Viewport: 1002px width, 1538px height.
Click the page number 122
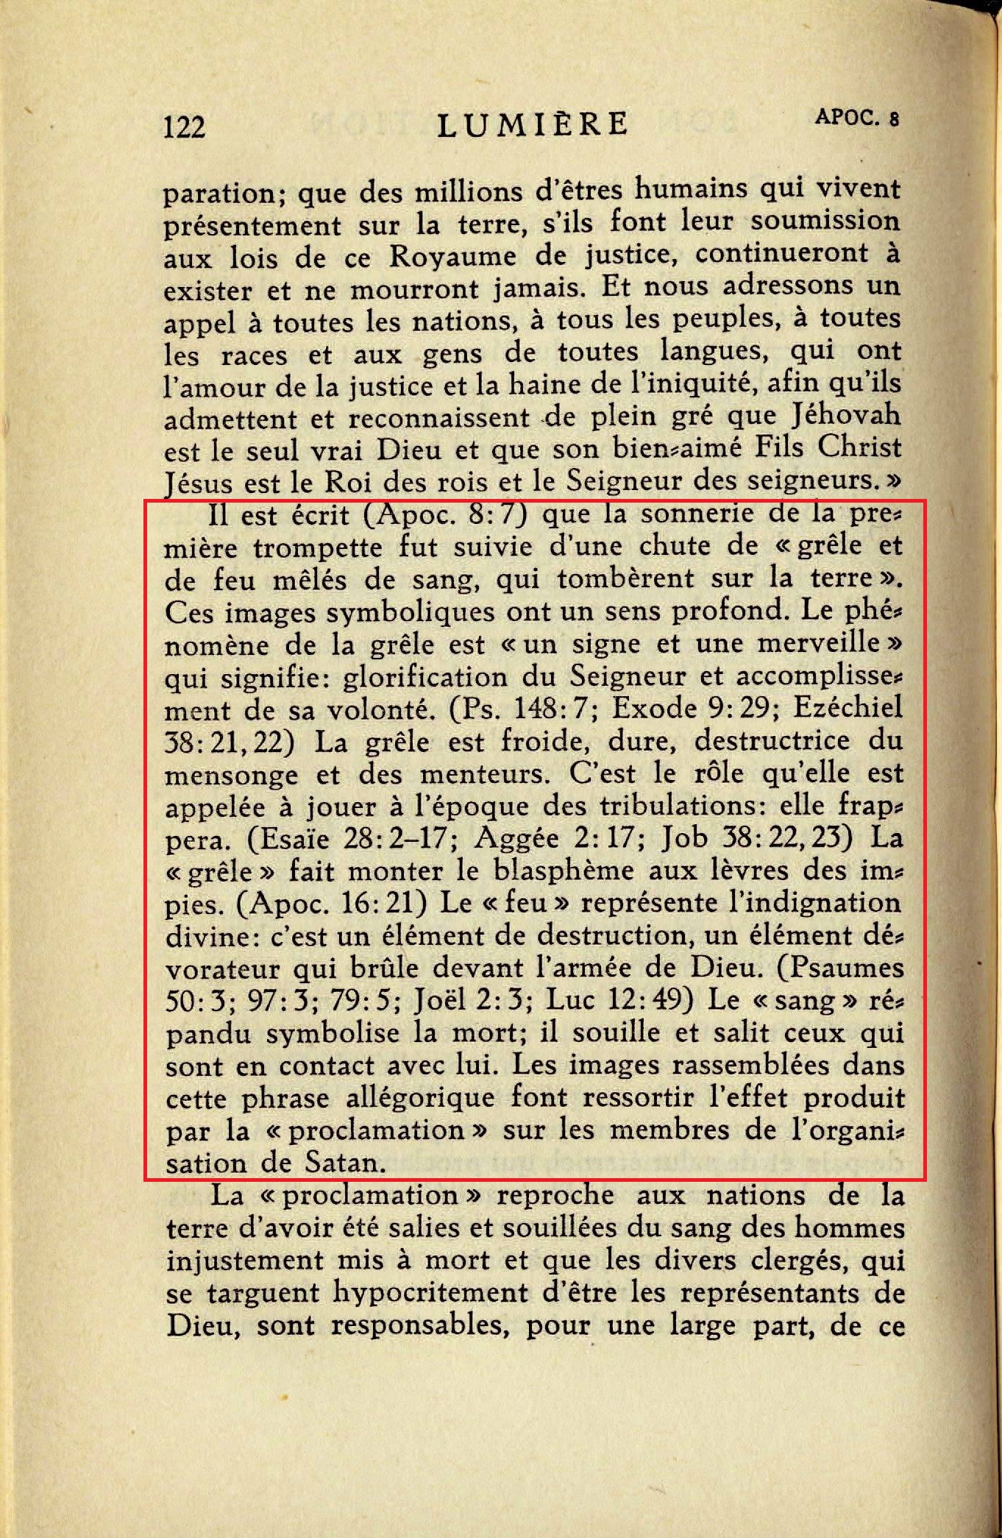tap(184, 127)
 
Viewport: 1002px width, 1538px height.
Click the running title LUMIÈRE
tap(533, 124)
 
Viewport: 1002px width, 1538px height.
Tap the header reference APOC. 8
tap(856, 118)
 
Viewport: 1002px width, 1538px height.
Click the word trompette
tap(319, 547)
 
